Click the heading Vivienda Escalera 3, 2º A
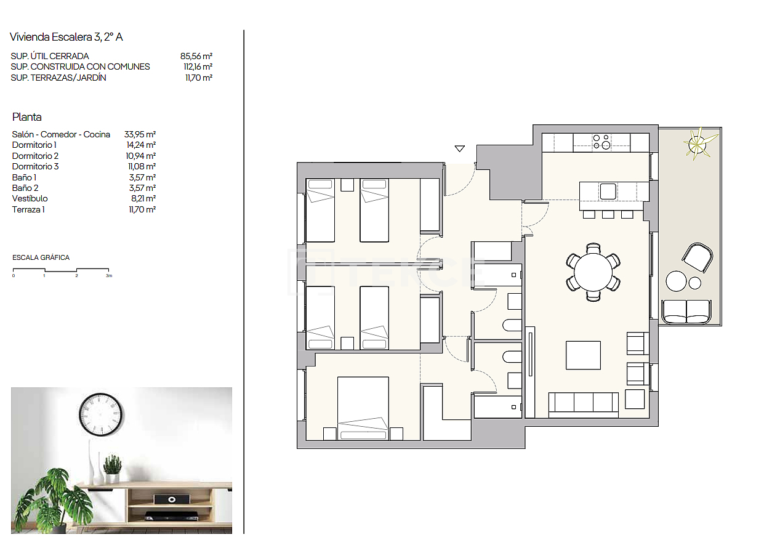point(66,37)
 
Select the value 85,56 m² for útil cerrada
point(196,56)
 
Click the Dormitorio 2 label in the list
point(35,156)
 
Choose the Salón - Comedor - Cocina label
point(61,134)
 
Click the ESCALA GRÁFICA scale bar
point(61,270)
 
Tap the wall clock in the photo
point(100,414)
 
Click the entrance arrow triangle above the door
point(459,148)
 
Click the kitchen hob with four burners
point(601,142)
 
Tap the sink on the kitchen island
point(608,192)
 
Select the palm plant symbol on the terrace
point(696,143)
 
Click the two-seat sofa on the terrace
point(685,312)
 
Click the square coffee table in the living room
point(583,355)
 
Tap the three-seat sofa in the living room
point(583,403)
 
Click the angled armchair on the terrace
point(698,257)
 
